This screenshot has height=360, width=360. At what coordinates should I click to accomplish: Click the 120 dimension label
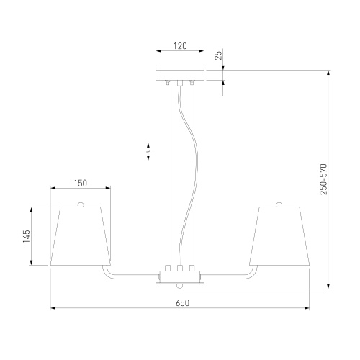(180, 46)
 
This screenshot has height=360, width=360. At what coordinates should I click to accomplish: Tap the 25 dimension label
(219, 55)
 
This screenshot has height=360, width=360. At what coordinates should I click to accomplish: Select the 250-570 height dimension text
(323, 179)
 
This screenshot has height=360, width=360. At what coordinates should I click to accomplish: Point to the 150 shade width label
(80, 184)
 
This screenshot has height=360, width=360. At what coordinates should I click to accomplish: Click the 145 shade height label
(27, 236)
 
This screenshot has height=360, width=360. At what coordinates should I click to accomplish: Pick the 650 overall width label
(183, 303)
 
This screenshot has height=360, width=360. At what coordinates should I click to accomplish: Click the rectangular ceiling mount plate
(180, 75)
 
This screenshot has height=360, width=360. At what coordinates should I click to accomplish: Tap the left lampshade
(81, 236)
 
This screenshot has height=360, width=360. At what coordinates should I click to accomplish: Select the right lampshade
(279, 236)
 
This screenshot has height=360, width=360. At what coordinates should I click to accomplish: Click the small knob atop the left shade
(81, 204)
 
